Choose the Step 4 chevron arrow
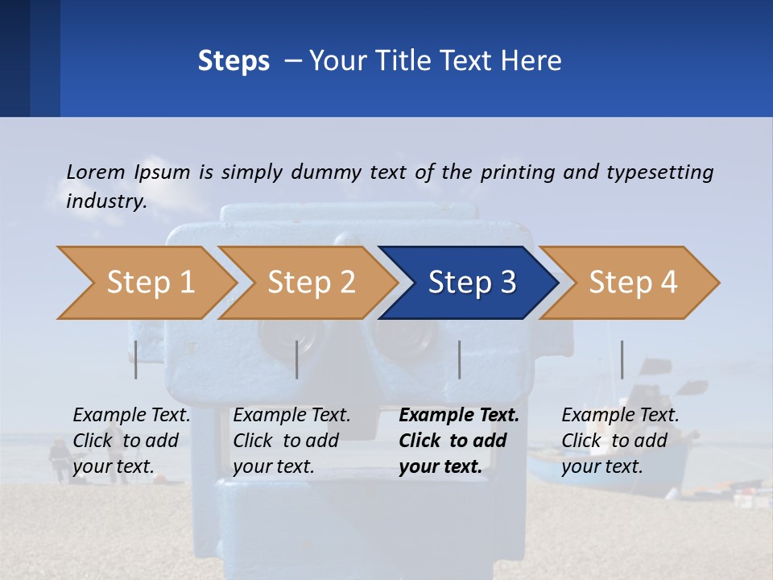coord(632,283)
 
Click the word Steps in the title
coord(234,61)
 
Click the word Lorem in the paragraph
coord(96,172)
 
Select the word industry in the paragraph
coord(105,201)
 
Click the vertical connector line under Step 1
coord(136,359)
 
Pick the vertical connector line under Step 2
coord(297,359)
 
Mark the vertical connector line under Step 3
coord(459,359)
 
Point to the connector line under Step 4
coord(622,359)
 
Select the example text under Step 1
coord(131,441)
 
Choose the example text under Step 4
coord(620,441)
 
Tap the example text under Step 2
coord(291,441)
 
